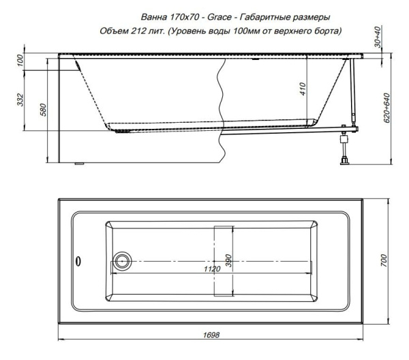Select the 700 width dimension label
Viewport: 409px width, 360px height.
click(384, 260)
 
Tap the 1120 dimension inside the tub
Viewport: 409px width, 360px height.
click(213, 269)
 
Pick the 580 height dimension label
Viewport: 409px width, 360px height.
click(42, 109)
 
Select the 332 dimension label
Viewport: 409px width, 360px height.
click(22, 100)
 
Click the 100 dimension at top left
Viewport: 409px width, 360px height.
click(22, 63)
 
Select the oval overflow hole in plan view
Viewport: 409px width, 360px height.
click(78, 260)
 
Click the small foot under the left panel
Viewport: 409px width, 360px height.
click(78, 164)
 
